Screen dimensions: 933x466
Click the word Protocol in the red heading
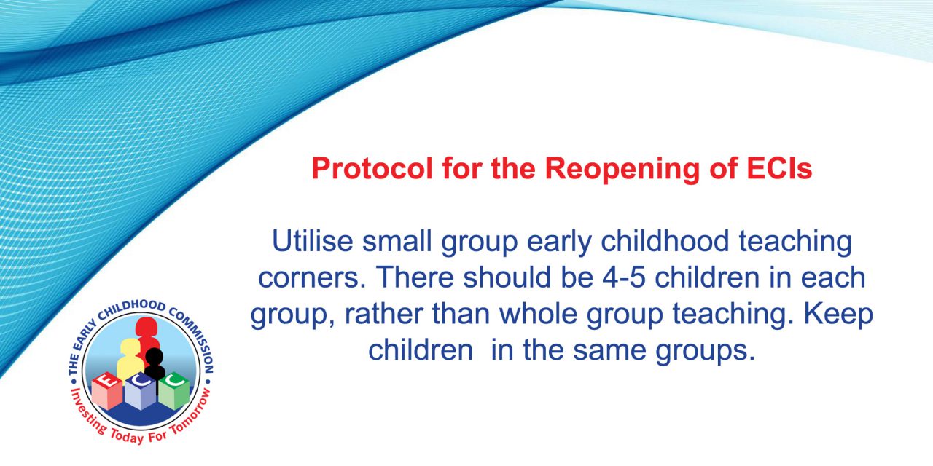pos(372,168)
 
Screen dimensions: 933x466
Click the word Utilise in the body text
pos(313,241)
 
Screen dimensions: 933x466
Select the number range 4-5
pos(624,277)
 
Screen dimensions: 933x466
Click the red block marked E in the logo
pos(106,390)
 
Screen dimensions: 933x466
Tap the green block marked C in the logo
pos(174,390)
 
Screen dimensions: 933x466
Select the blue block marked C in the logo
pos(141,391)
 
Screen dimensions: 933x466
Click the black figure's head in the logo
pos(154,356)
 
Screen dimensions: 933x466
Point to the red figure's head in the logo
pos(146,328)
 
